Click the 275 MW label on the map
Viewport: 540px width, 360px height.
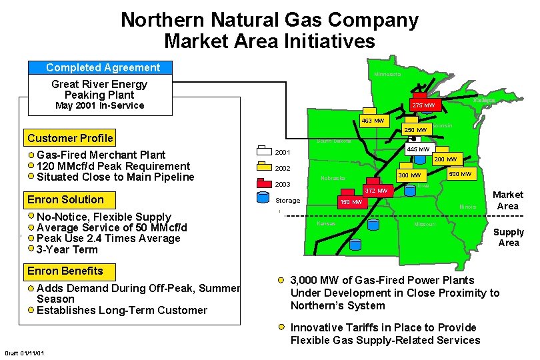coord(423,105)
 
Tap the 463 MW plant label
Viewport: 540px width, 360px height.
coord(373,121)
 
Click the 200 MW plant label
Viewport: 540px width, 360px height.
coord(445,159)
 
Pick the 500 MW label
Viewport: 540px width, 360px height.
coord(460,174)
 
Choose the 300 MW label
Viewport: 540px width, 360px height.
coord(409,175)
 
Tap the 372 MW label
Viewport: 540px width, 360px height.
coord(376,191)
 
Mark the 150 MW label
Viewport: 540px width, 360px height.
coord(351,201)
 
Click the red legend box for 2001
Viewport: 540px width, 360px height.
coord(265,151)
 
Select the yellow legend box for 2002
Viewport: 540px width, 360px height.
coord(265,167)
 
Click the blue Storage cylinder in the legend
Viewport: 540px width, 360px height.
coord(264,198)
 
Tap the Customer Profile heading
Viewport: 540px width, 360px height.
coord(70,139)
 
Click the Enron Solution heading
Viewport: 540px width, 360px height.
coord(65,199)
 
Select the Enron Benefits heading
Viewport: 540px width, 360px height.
coord(65,271)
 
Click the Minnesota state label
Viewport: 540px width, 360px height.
coord(387,74)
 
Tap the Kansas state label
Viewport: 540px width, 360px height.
coord(326,223)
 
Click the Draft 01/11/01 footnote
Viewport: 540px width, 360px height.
coord(25,353)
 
